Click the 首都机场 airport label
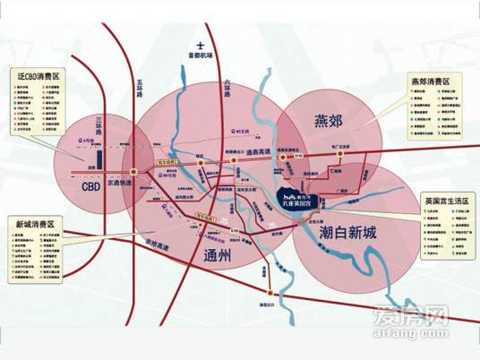pyautogui.click(x=202, y=53)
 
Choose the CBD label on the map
pyautogui.click(x=90, y=188)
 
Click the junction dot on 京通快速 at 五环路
pyautogui.click(x=133, y=171)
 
